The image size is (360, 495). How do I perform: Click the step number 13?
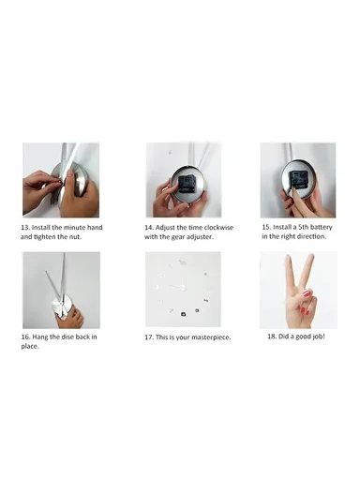click(25, 227)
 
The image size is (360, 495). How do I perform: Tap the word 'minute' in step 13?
click(74, 227)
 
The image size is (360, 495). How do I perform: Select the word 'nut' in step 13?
click(75, 237)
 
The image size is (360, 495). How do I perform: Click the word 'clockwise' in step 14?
click(218, 227)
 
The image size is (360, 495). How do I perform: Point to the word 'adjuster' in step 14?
click(200, 237)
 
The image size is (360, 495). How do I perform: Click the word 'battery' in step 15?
click(322, 227)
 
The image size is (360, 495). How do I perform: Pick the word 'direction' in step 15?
click(313, 236)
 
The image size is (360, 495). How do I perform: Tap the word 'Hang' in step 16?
click(39, 337)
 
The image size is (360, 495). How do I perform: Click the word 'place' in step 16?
click(30, 347)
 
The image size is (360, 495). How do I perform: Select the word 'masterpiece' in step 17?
click(211, 337)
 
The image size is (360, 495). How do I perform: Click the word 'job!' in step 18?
click(319, 337)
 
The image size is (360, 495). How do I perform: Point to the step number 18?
click(272, 337)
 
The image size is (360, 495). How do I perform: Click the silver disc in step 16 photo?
click(63, 306)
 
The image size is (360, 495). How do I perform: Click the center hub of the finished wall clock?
click(183, 287)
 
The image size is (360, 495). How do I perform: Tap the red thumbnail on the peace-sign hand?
click(307, 294)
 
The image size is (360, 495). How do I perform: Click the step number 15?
click(266, 227)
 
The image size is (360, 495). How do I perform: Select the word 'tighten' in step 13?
click(44, 237)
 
